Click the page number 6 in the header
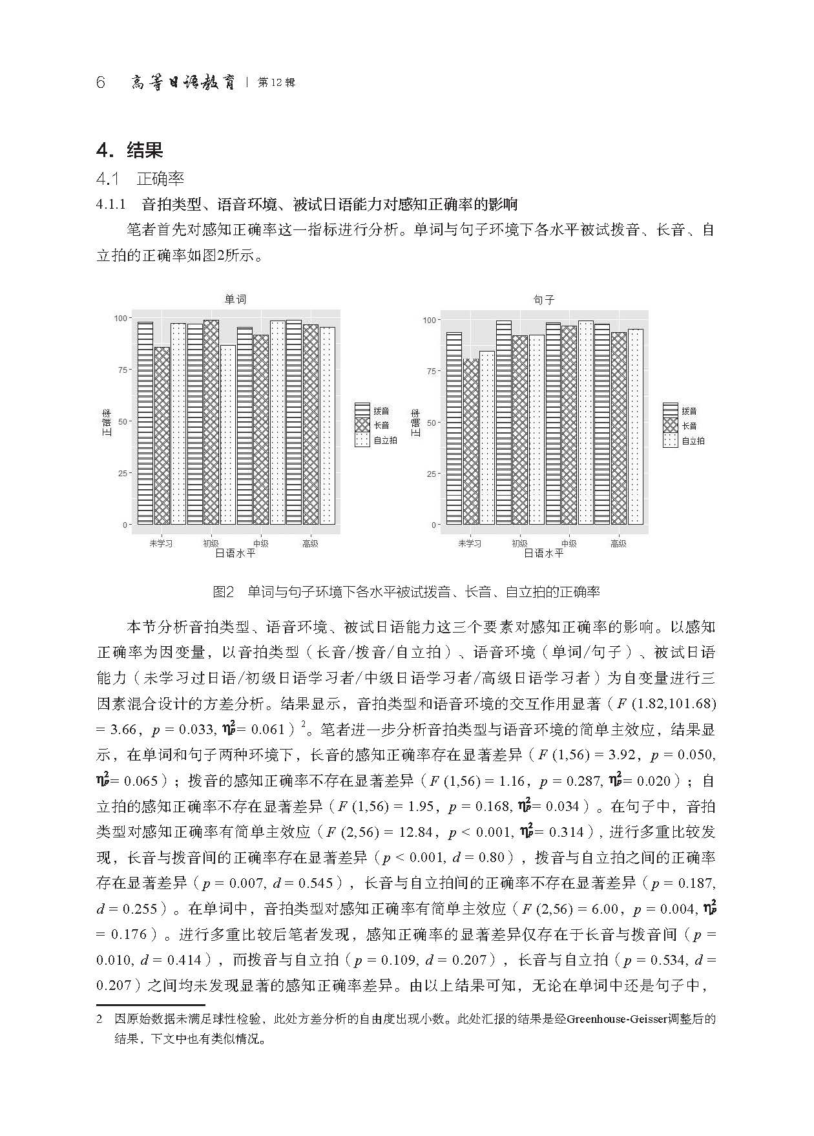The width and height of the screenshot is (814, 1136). click(x=100, y=83)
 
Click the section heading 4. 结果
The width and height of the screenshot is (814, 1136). click(x=129, y=151)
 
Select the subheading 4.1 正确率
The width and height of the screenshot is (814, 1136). click(x=140, y=179)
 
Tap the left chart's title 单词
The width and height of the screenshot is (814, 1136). click(x=235, y=299)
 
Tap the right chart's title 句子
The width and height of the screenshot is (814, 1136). click(x=544, y=300)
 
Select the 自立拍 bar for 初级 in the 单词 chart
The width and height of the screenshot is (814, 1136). click(x=227, y=434)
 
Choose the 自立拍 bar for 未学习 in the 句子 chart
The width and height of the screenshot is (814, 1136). click(x=487, y=437)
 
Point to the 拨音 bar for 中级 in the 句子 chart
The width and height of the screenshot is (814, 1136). click(x=554, y=423)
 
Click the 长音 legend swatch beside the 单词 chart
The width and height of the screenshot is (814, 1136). click(x=362, y=425)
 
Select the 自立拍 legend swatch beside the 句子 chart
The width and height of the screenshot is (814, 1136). click(x=671, y=441)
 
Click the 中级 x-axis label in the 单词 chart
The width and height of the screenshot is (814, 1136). click(x=260, y=543)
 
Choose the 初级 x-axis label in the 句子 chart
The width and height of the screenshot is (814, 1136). click(x=519, y=543)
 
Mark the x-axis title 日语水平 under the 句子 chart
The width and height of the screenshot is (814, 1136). click(x=543, y=554)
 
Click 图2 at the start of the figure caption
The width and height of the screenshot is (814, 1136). click(x=222, y=591)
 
